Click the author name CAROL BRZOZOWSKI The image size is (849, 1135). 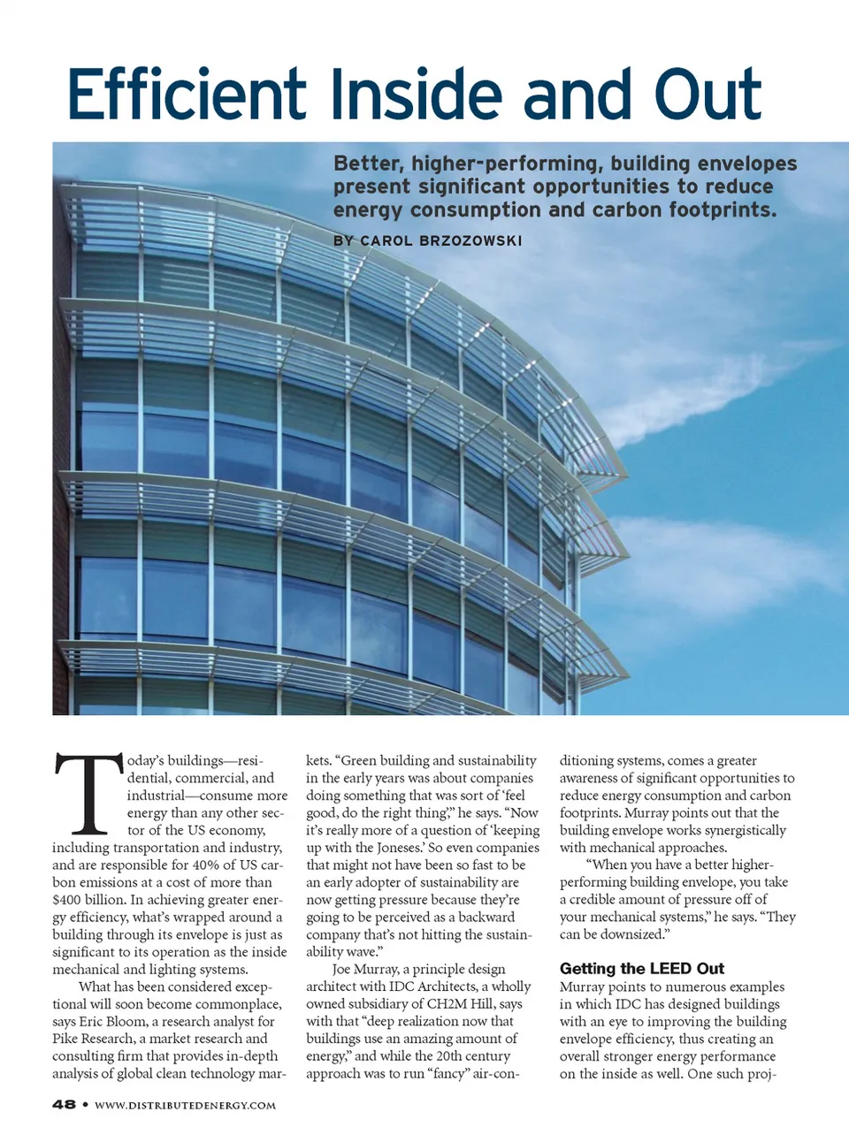point(440,240)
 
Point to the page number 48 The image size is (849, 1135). point(64,1104)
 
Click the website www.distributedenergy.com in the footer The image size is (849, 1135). point(185,1105)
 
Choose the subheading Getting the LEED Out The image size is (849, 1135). point(641,968)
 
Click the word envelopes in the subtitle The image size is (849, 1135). point(746,164)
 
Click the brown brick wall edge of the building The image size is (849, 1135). point(61,442)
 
